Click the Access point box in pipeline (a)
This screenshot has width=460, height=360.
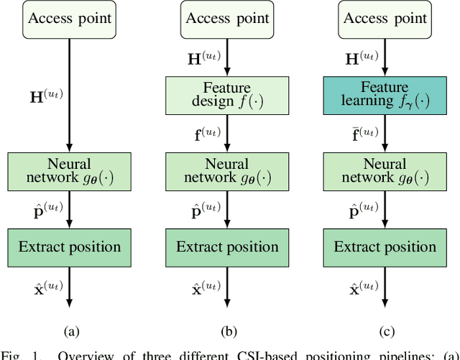click(70, 17)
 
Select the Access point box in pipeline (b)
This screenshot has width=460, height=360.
click(228, 17)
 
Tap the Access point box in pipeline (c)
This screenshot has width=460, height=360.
click(385, 17)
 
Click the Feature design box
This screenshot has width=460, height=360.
click(228, 93)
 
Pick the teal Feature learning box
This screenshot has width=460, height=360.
click(385, 93)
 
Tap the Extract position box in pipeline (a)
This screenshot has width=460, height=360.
click(70, 247)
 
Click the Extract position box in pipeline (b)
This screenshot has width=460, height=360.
click(228, 247)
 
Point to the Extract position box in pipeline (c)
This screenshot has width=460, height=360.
click(385, 247)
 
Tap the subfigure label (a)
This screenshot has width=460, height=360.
click(70, 331)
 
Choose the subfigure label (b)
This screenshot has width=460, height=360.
click(228, 331)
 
